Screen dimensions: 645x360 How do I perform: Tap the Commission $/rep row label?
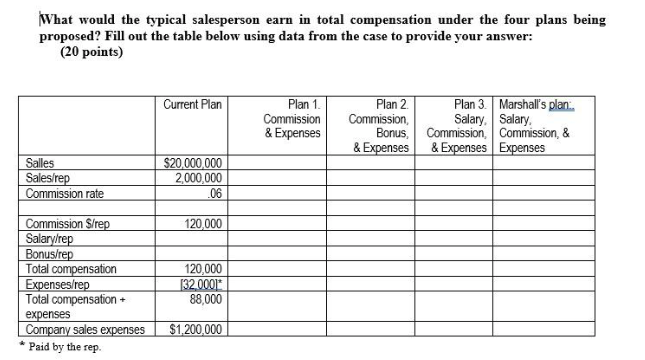(67, 225)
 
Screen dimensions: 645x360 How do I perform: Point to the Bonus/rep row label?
(49, 254)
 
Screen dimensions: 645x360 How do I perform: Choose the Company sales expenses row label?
(85, 329)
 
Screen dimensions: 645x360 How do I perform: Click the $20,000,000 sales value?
(193, 163)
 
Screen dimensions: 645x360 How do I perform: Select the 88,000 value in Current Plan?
(205, 297)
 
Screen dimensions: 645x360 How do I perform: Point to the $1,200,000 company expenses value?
(197, 329)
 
